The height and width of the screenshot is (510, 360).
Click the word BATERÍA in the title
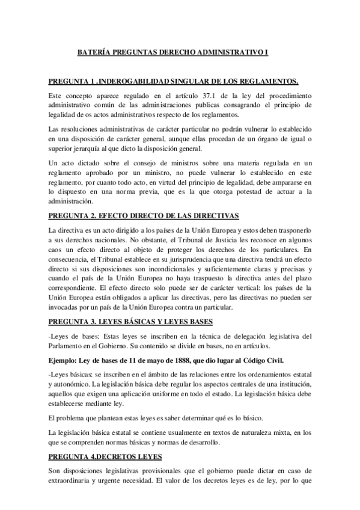coord(95,53)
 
